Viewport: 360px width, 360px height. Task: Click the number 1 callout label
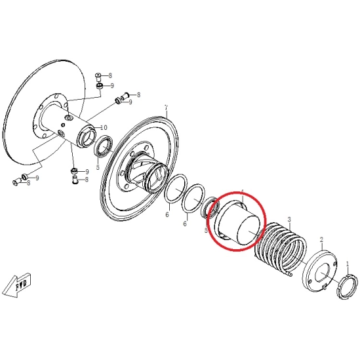tap(348, 264)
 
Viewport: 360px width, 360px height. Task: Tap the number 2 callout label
tap(322, 240)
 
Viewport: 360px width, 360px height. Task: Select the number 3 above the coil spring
tap(289, 220)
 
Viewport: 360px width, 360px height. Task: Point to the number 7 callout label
tap(166, 108)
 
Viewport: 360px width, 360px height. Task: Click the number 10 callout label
tap(104, 127)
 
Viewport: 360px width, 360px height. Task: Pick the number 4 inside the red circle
tap(242, 192)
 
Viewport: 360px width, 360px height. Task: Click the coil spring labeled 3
tap(281, 249)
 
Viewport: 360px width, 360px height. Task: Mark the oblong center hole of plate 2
tap(323, 273)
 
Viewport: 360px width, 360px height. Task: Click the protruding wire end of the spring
tap(289, 273)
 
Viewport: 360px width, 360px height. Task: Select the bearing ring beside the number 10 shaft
tap(104, 147)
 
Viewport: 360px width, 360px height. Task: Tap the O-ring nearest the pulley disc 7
tap(176, 189)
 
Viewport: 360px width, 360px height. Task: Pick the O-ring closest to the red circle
tap(193, 199)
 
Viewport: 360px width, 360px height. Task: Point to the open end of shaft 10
tap(87, 138)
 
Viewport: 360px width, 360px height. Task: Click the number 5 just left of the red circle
tap(206, 230)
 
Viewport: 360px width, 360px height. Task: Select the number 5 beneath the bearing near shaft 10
tap(98, 167)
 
